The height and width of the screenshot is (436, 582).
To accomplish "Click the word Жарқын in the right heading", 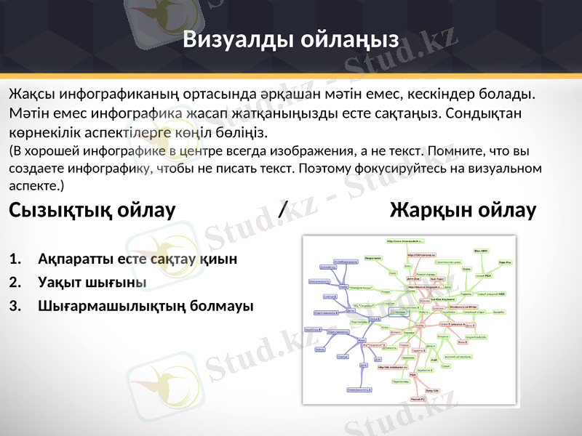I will coord(430,211).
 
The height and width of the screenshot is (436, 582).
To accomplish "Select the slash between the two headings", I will coord(282,211).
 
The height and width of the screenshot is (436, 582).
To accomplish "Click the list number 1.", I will coord(15,259).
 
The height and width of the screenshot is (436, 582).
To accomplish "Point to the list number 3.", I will coord(15,305).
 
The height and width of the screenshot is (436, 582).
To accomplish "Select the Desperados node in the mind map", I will coord(373,258).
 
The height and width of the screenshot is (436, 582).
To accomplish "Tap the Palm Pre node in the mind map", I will coord(505,262).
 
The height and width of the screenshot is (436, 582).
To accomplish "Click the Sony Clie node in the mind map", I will coord(431,390).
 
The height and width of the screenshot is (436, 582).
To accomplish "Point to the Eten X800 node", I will coord(481,251).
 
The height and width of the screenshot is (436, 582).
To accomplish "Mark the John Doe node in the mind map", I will coord(412,278).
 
